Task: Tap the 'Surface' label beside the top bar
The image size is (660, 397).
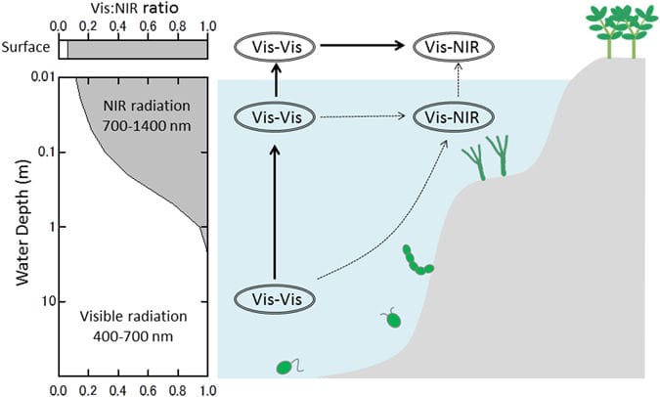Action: pos(27,48)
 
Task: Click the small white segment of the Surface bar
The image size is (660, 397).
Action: pos(63,48)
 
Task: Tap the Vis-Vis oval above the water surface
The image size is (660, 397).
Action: pos(275,46)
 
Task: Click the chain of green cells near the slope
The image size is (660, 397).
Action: pos(418,262)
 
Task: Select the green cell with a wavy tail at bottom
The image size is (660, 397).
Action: pos(286,367)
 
